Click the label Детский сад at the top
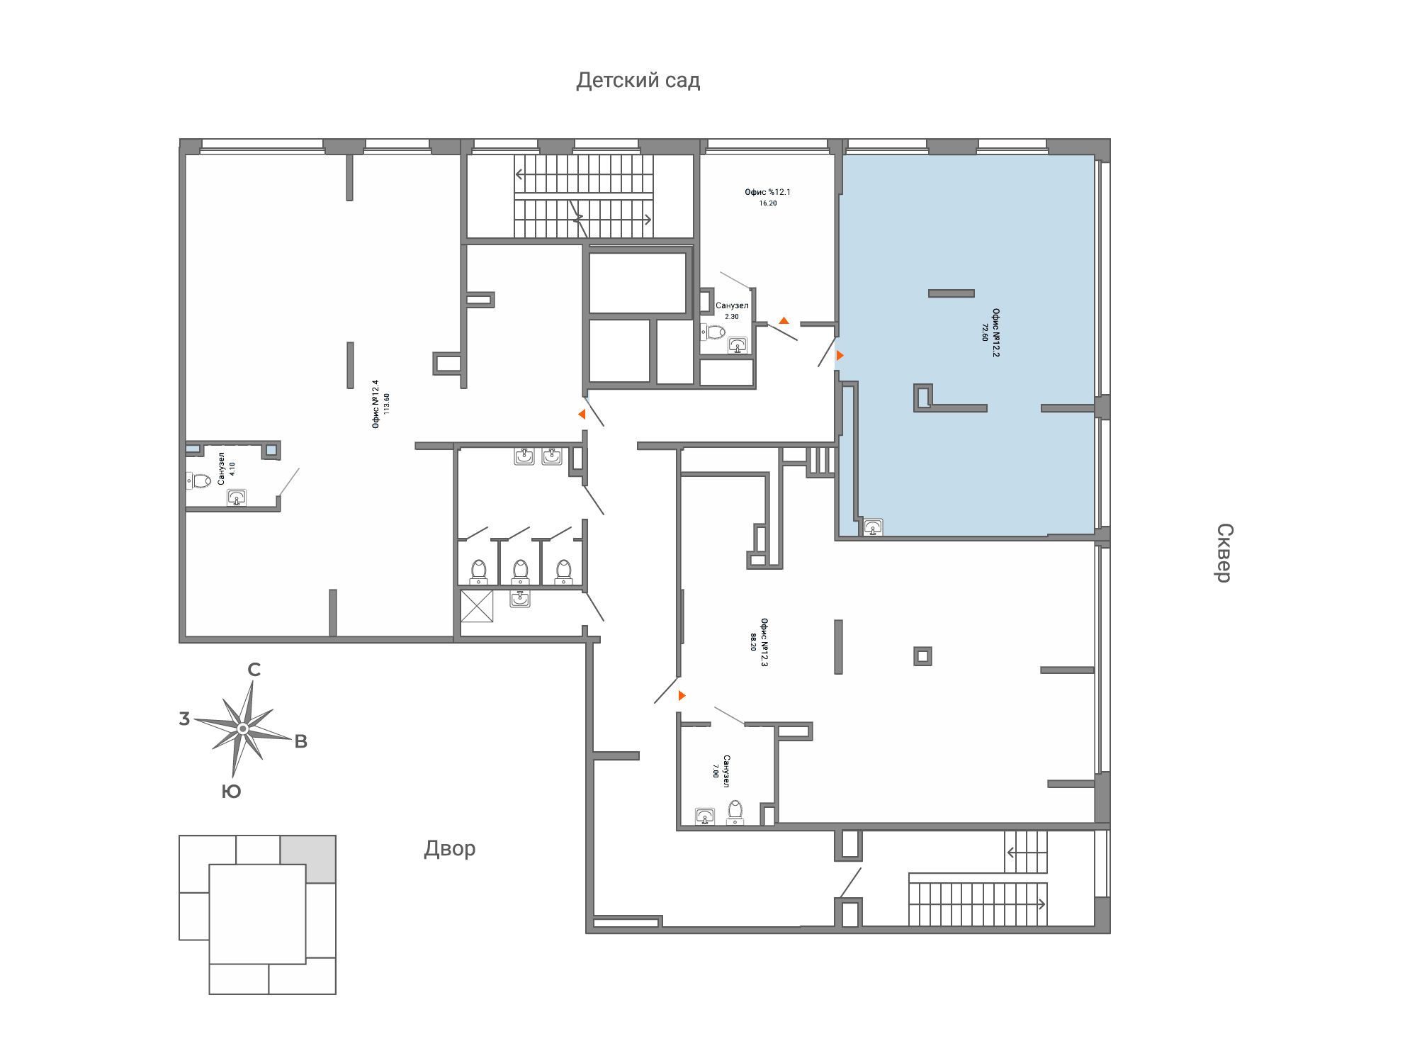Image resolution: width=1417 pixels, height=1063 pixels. tap(638, 81)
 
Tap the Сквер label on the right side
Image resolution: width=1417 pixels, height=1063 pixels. tap(1225, 553)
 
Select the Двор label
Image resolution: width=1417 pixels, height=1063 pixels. tap(450, 848)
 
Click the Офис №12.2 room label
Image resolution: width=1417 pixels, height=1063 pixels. tap(996, 334)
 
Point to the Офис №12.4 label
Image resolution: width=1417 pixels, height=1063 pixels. tap(376, 404)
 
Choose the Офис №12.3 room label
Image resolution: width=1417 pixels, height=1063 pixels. tap(764, 643)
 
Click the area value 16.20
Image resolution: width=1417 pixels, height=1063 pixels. tap(767, 203)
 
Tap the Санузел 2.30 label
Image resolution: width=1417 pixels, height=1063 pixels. tap(732, 310)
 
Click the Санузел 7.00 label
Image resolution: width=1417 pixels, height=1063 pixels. tap(721, 771)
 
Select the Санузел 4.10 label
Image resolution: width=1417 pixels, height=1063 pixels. tap(227, 468)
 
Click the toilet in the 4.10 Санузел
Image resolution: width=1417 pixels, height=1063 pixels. tap(199, 481)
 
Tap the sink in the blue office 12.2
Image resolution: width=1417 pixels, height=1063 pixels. tap(874, 527)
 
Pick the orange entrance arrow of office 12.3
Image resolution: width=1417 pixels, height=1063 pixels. tap(682, 696)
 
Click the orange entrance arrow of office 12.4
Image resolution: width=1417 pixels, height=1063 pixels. tap(582, 415)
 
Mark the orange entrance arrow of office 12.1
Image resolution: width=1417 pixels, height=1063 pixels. tap(784, 320)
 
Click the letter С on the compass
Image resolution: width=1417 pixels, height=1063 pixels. tap(254, 670)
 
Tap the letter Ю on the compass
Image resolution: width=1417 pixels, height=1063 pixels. tap(231, 792)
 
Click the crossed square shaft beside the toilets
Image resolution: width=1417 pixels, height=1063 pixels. tap(477, 606)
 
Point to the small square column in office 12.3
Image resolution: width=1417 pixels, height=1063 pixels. tap(922, 656)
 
